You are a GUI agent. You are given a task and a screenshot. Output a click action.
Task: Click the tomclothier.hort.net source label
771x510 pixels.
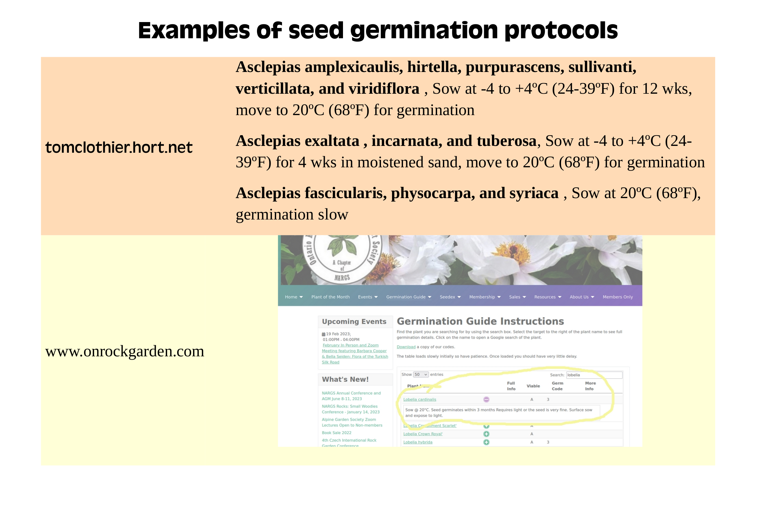[x=119, y=147]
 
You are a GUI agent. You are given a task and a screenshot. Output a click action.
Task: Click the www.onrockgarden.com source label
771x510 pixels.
[x=125, y=351]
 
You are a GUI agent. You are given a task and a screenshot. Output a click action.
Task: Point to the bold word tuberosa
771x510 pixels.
[x=506, y=141]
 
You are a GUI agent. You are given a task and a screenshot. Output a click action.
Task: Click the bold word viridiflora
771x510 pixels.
[x=385, y=89]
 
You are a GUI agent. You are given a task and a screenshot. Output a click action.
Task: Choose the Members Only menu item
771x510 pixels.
[x=618, y=297]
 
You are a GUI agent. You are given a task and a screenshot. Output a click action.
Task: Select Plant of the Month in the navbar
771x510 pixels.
[x=330, y=297]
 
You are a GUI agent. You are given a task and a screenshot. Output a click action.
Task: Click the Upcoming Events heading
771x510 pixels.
[x=354, y=322]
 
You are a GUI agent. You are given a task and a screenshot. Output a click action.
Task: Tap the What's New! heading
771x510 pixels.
[x=345, y=380]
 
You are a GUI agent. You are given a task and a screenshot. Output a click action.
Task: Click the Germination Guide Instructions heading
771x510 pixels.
[x=480, y=321]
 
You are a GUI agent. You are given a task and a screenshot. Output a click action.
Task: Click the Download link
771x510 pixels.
[x=406, y=347]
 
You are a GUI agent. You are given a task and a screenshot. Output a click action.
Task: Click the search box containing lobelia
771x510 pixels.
[x=594, y=375]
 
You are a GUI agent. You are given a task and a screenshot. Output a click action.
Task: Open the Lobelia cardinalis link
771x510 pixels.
[x=420, y=400]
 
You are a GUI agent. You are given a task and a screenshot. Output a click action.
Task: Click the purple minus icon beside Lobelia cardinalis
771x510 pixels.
[x=486, y=399]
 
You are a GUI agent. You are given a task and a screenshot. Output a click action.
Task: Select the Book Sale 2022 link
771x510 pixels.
[x=337, y=433]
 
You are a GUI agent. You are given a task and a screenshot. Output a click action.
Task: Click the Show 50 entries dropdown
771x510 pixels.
[x=421, y=375]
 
